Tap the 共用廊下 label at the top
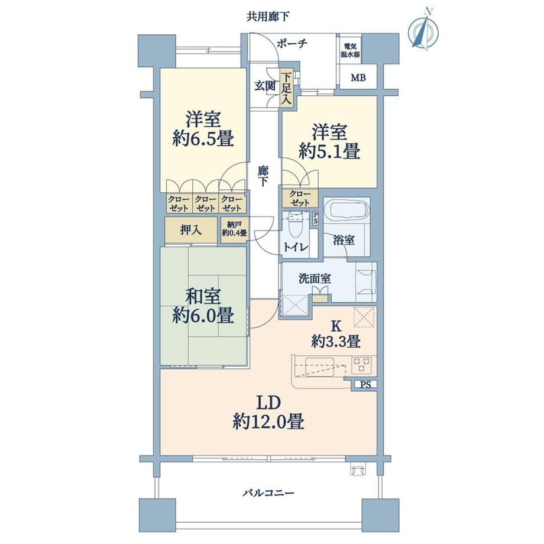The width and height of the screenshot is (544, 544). point(268,17)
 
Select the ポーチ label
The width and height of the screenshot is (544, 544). point(292,44)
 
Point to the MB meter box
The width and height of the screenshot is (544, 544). point(358,77)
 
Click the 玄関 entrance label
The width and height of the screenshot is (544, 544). point(265,86)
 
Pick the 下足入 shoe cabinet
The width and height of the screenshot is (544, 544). point(286,89)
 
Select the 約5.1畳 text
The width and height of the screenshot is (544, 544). point(329,151)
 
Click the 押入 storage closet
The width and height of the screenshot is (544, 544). point(191,229)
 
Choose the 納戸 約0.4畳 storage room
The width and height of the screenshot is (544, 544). point(234,229)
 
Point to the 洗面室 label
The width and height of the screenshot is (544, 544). point(315,279)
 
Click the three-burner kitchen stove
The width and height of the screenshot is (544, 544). point(362,365)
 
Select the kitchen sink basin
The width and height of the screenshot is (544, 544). point(319,367)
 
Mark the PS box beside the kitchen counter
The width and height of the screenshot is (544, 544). point(365,384)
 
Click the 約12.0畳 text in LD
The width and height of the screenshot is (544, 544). point(268,422)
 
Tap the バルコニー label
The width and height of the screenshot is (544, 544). point(268,493)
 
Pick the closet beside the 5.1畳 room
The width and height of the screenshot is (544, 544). point(300,199)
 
